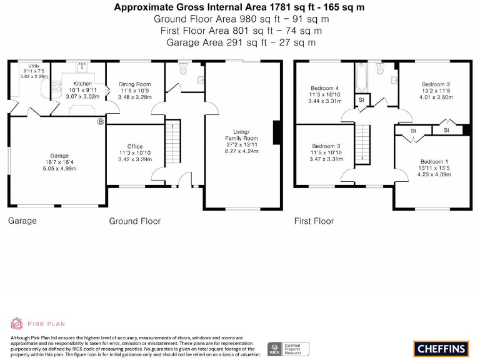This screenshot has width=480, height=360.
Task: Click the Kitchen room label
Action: pyautogui.click(x=82, y=84)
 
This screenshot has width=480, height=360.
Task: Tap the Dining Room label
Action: pyautogui.click(x=135, y=84)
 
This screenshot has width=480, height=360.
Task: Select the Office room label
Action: pyautogui.click(x=135, y=147)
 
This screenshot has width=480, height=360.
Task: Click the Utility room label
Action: pyautogui.click(x=33, y=66)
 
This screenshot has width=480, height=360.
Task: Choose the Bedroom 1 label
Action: pyautogui.click(x=434, y=161)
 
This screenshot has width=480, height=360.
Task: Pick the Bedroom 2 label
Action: pyautogui.click(x=436, y=84)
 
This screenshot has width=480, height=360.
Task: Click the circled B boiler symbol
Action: pyautogui.click(x=99, y=122)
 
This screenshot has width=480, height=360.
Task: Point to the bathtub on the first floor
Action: pyautogui.click(x=361, y=77)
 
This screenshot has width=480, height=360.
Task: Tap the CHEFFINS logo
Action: pyautogui.click(x=441, y=347)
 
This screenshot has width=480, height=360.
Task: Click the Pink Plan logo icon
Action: pyautogui.click(x=17, y=323)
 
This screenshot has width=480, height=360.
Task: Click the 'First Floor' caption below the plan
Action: pyautogui.click(x=314, y=221)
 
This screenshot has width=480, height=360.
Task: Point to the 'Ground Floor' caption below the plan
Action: pyautogui.click(x=134, y=221)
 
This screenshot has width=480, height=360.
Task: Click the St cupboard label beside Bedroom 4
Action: pyautogui.click(x=361, y=100)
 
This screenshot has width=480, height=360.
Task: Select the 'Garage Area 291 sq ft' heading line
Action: pyautogui.click(x=241, y=42)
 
